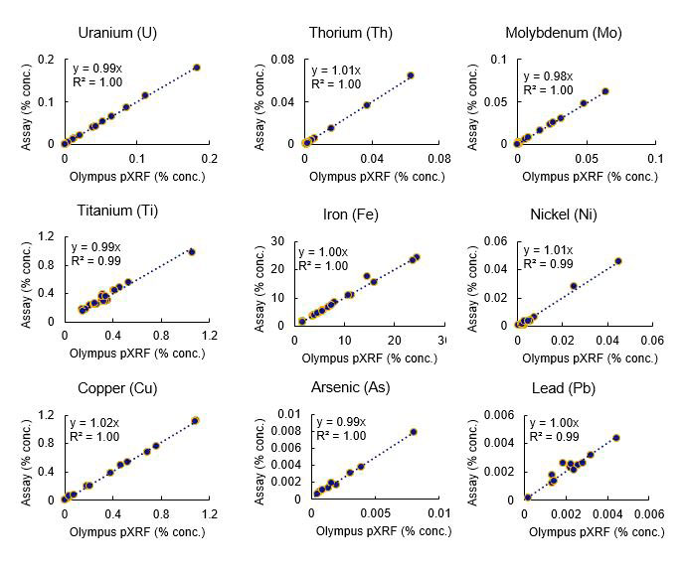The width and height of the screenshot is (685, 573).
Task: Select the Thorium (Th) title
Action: pyautogui.click(x=350, y=33)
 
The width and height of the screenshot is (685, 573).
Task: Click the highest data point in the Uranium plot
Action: pyautogui.click(x=196, y=68)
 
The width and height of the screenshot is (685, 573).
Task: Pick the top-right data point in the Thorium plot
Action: pyautogui.click(x=411, y=74)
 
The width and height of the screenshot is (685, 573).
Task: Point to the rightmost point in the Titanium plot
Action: pyautogui.click(x=192, y=252)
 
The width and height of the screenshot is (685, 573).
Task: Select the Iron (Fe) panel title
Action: pyautogui.click(x=350, y=215)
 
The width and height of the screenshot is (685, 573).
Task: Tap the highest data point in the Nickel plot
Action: pyautogui.click(x=617, y=261)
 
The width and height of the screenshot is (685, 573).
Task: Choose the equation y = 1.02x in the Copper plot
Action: pyautogui.click(x=96, y=422)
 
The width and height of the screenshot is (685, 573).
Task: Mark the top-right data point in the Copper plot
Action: pyautogui.click(x=196, y=421)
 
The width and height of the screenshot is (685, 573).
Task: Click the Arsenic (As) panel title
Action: pyautogui.click(x=350, y=387)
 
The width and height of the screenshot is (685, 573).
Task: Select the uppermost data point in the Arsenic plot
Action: pyautogui.click(x=414, y=432)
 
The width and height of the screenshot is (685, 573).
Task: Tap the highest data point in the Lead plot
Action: pyautogui.click(x=615, y=438)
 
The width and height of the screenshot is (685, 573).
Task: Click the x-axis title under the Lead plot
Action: pyautogui.click(x=596, y=532)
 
